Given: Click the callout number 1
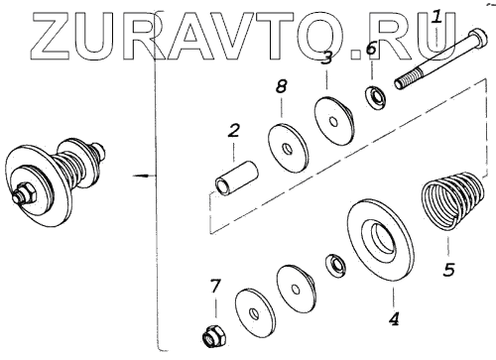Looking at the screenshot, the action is click(x=437, y=17).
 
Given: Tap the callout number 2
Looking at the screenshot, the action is click(x=233, y=131).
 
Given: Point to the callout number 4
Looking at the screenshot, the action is click(x=394, y=318).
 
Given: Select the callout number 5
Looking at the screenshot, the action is click(x=448, y=269).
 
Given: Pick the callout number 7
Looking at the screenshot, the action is click(x=214, y=287).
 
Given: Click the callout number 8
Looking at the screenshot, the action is click(x=281, y=86).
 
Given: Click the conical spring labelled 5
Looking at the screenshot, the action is click(x=453, y=198).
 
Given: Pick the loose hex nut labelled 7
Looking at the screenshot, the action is click(x=212, y=336).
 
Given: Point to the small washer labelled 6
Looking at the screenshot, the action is click(x=375, y=96).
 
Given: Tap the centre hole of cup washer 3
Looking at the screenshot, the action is click(x=334, y=122).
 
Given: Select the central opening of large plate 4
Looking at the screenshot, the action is click(x=384, y=239).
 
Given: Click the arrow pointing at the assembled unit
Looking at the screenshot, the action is click(x=144, y=176).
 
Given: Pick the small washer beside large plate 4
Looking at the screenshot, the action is click(x=335, y=265).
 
